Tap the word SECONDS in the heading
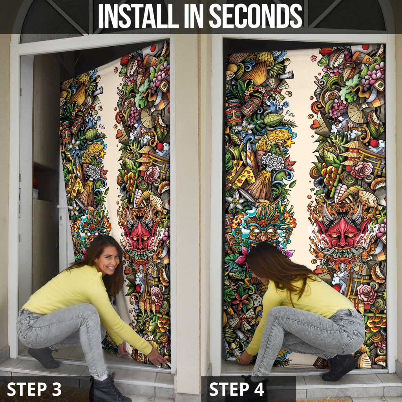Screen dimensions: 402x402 coord(256,16)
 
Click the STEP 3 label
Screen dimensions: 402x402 coord(34,389)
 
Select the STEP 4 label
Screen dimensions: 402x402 coord(236,389)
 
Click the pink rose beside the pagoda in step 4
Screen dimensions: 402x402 coord(362,170)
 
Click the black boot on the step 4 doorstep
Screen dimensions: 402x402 coord(339,367)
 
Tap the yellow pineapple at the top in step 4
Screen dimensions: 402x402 coord(264,58)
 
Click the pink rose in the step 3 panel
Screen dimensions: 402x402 coord(152,175)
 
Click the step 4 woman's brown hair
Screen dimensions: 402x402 coord(277,267)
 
